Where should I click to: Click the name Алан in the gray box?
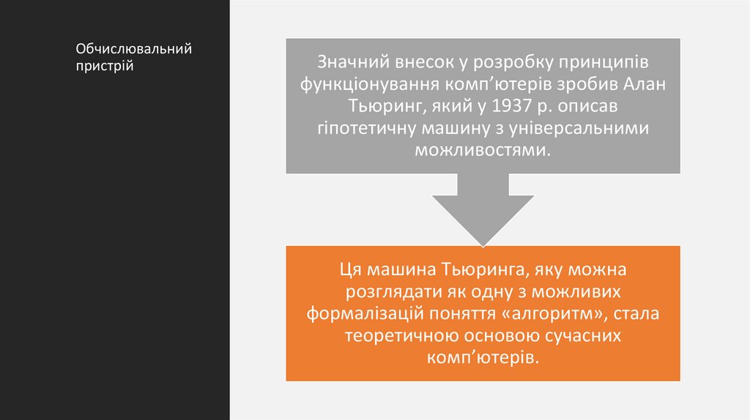click(648, 83)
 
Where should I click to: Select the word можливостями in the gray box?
click(482, 151)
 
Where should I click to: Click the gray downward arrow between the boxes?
click(483, 209)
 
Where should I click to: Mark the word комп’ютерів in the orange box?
click(482, 359)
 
